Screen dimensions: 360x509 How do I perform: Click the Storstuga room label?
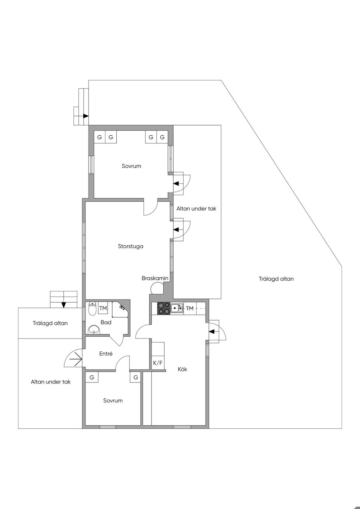pyautogui.click(x=130, y=246)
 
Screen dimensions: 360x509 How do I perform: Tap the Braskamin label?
pyautogui.click(x=155, y=278)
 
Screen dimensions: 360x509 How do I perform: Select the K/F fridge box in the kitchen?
pyautogui.click(x=158, y=363)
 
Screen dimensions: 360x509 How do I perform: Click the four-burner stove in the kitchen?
pyautogui.click(x=163, y=308)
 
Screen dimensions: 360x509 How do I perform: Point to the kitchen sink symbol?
pyautogui.click(x=176, y=308)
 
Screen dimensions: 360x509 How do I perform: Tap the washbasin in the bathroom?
pyautogui.click(x=94, y=329)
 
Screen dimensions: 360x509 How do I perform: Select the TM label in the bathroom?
pyautogui.click(x=103, y=308)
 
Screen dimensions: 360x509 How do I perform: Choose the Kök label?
pyautogui.click(x=182, y=369)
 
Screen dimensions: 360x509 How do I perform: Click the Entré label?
pyautogui.click(x=106, y=354)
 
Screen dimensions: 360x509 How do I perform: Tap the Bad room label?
pyautogui.click(x=106, y=322)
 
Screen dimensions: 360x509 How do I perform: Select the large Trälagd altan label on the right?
pyautogui.click(x=276, y=279)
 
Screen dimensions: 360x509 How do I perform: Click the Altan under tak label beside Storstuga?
pyautogui.click(x=196, y=208)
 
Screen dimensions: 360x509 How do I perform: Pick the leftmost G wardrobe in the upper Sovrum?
pyautogui.click(x=99, y=137)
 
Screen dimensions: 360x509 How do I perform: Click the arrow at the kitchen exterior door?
pyautogui.click(x=212, y=331)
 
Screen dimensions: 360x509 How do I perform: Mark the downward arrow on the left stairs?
pyautogui.click(x=63, y=304)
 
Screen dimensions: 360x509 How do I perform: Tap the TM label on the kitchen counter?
pyautogui.click(x=189, y=308)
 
